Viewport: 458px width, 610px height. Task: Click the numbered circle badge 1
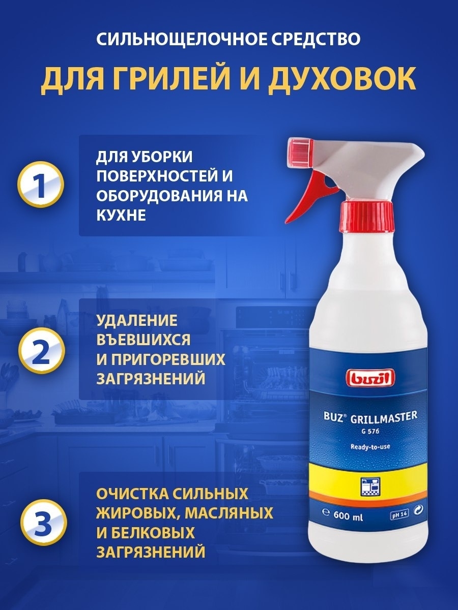[41, 184]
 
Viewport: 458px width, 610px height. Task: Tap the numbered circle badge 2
[41, 349]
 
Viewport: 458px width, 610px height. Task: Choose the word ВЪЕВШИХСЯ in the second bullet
[144, 340]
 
